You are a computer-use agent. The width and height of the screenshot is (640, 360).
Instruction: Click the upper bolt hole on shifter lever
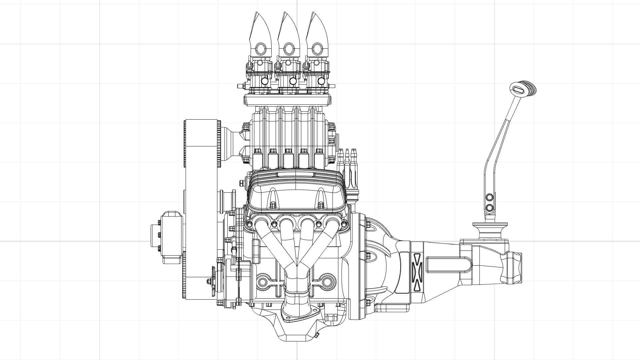[x=489, y=197]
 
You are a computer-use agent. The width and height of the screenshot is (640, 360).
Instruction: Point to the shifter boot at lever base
[x=489, y=230]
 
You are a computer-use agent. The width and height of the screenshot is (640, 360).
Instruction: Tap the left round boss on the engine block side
[x=263, y=282]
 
